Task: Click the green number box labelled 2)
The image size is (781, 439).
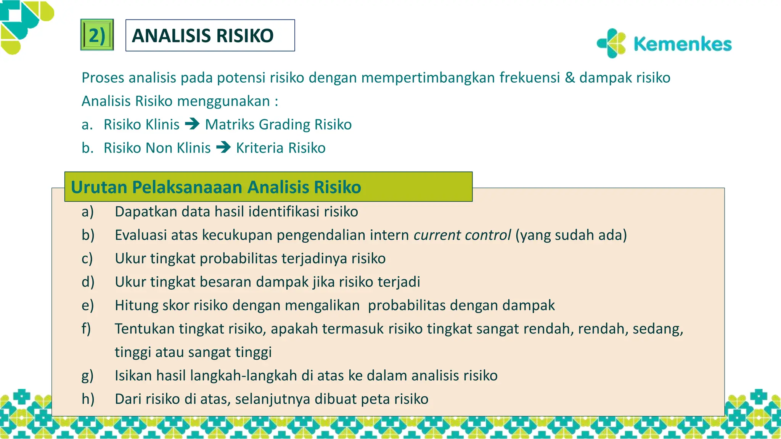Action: [x=97, y=35]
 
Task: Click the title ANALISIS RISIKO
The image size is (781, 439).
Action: [x=202, y=35]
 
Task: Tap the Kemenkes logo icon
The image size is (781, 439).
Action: [x=612, y=43]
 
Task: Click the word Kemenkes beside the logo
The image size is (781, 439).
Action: [x=682, y=44]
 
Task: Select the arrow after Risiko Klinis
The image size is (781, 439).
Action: [x=192, y=124]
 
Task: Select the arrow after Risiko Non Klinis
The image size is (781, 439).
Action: [x=223, y=147]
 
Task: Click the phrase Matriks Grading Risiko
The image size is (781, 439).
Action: [x=278, y=125]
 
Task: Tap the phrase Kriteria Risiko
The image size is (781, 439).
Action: [x=281, y=148]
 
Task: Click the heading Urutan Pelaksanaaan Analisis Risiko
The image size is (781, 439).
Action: [x=216, y=187]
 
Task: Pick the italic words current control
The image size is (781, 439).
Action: [x=462, y=235]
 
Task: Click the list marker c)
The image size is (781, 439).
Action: [x=87, y=258]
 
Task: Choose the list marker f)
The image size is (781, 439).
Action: [x=87, y=328]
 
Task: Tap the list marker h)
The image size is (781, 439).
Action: [x=88, y=399]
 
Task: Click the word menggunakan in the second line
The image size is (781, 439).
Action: [x=223, y=101]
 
